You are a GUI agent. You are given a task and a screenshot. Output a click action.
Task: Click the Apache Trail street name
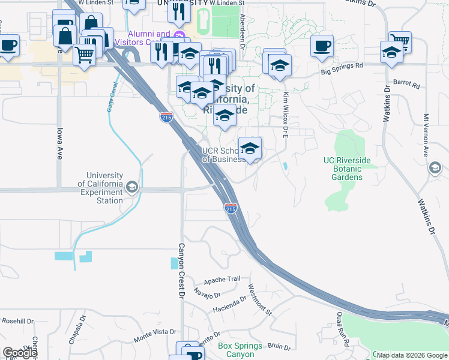221,280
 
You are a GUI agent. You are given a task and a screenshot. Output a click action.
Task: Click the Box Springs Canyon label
240,350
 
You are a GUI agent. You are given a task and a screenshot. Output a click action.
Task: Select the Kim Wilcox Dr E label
286,109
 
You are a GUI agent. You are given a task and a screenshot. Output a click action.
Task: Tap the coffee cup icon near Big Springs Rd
322,46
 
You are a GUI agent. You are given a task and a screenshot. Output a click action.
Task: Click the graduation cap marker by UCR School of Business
250,148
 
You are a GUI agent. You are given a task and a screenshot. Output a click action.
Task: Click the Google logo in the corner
20,353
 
